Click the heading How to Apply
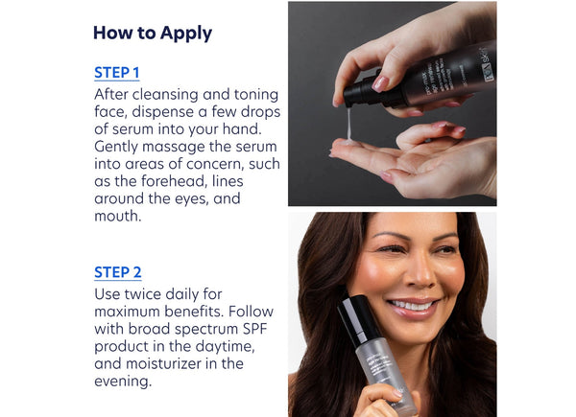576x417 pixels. pos(153,33)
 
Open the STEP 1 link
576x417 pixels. pos(117,73)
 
